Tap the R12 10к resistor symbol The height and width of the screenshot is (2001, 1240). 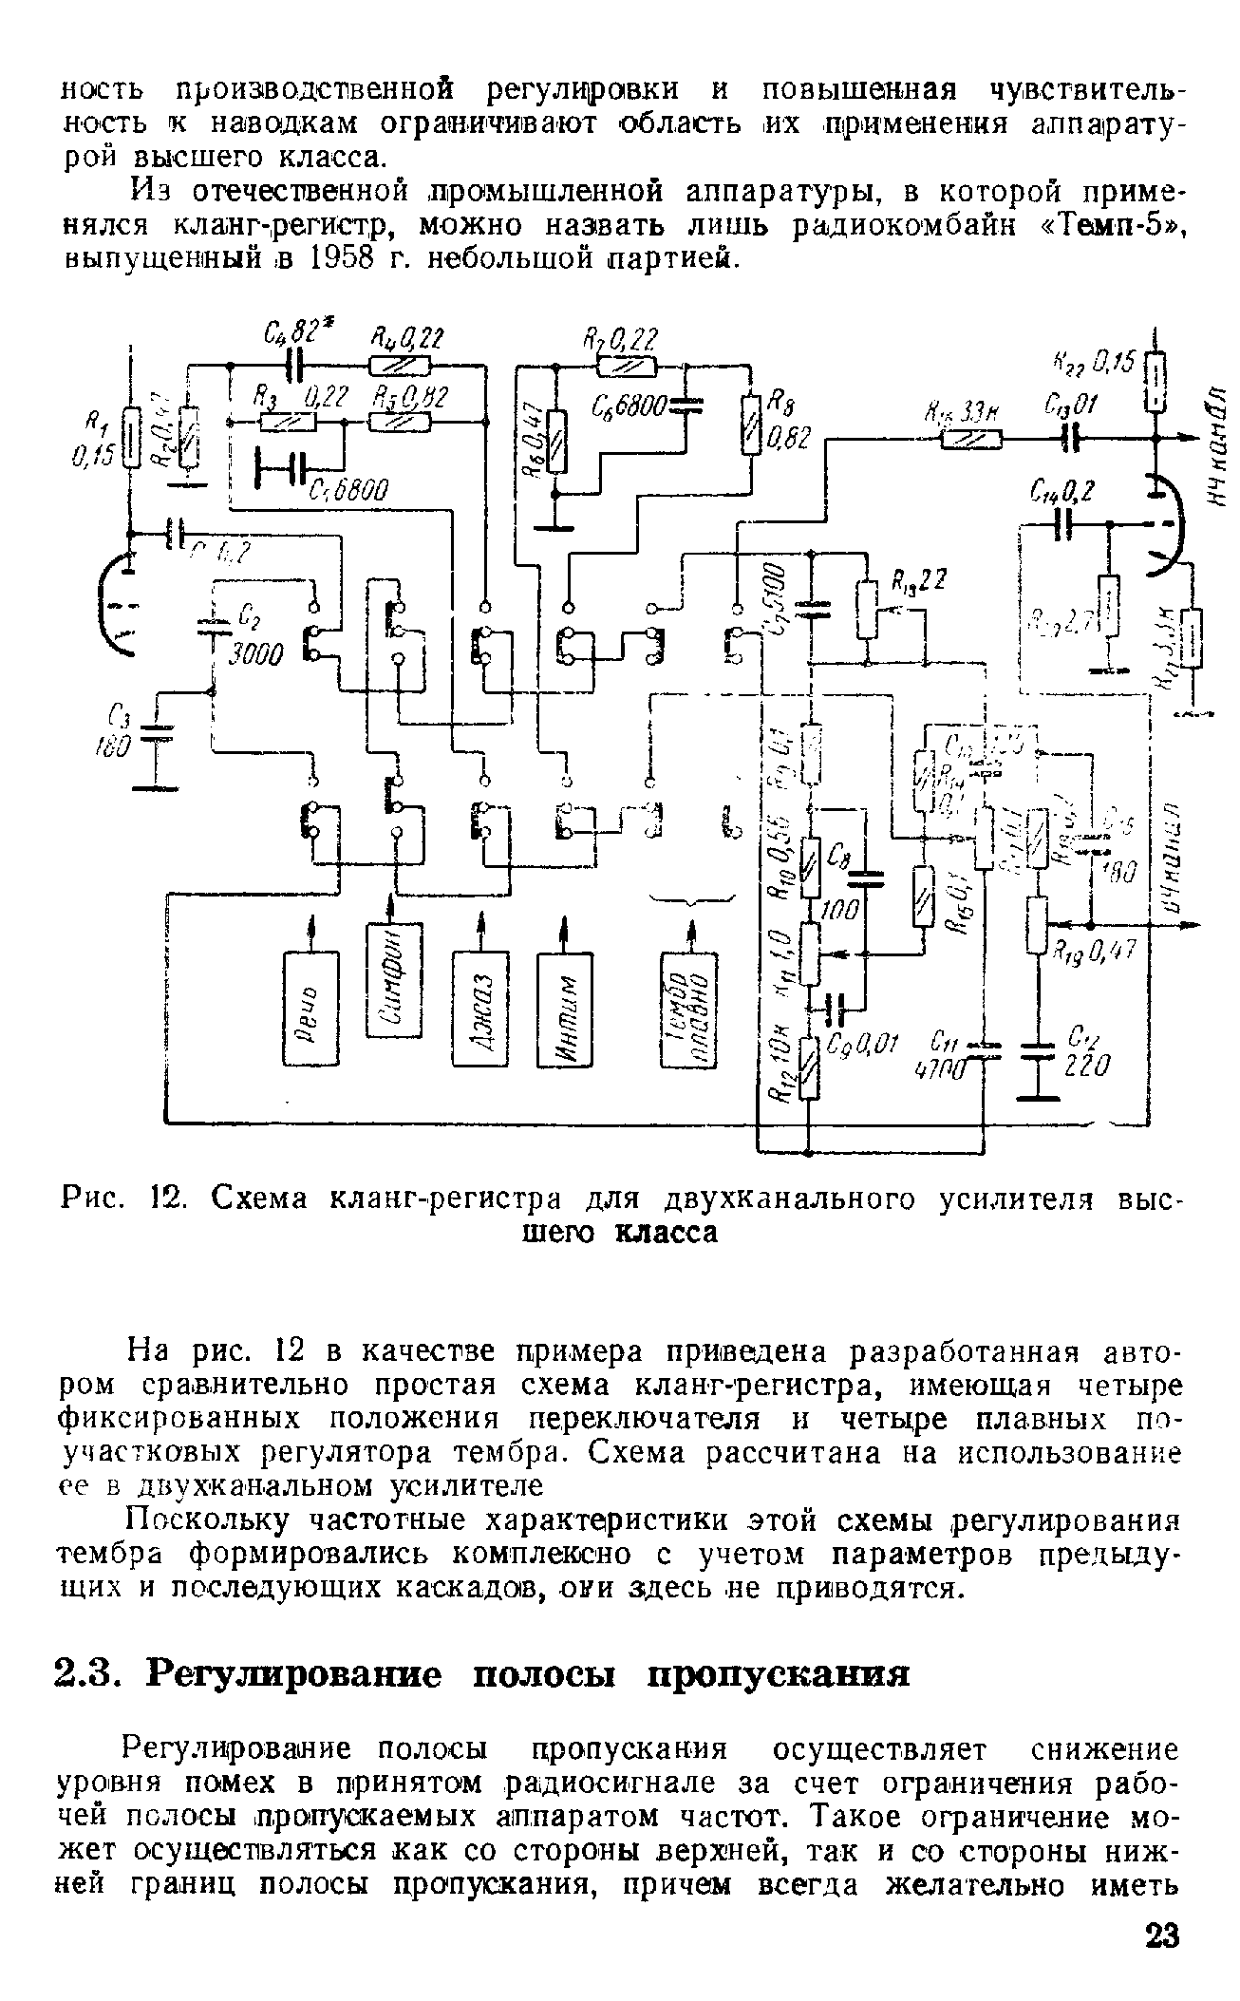[808, 1066]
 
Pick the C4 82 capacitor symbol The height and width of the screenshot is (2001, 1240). [296, 363]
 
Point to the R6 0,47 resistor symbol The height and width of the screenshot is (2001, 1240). [556, 441]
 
